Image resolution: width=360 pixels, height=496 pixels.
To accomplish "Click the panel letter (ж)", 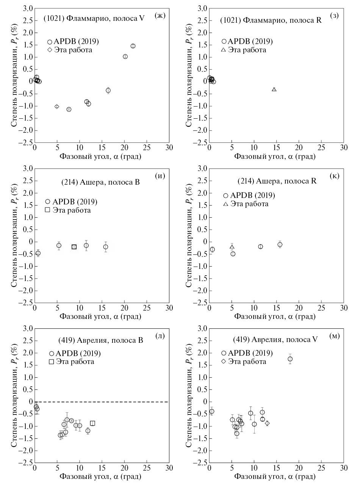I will [x=160, y=16].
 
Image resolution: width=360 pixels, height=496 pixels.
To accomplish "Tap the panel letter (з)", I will [x=334, y=16].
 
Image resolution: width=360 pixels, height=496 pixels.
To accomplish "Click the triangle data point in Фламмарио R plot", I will [x=274, y=89].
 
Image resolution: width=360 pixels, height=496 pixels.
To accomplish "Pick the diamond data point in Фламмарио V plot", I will [x=57, y=107].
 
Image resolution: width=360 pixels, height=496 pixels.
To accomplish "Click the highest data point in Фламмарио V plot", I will [x=133, y=46].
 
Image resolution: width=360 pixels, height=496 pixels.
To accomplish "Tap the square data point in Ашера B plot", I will [x=74, y=247].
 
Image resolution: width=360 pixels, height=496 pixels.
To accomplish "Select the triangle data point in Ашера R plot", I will [x=232, y=247].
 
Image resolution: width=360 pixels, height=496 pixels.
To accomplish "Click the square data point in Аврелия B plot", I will [x=92, y=423].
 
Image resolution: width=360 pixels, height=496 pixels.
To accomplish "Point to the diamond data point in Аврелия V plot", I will [x=267, y=423].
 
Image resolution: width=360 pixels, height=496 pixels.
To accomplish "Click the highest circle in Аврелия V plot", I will [x=290, y=359].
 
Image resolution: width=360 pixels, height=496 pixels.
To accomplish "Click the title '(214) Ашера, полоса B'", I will [x=100, y=182].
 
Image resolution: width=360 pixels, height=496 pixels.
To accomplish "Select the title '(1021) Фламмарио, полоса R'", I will [x=271, y=20].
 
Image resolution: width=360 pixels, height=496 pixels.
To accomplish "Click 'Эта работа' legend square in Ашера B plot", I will [x=48, y=210].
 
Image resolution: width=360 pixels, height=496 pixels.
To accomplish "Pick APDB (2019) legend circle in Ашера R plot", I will [x=226, y=196].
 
